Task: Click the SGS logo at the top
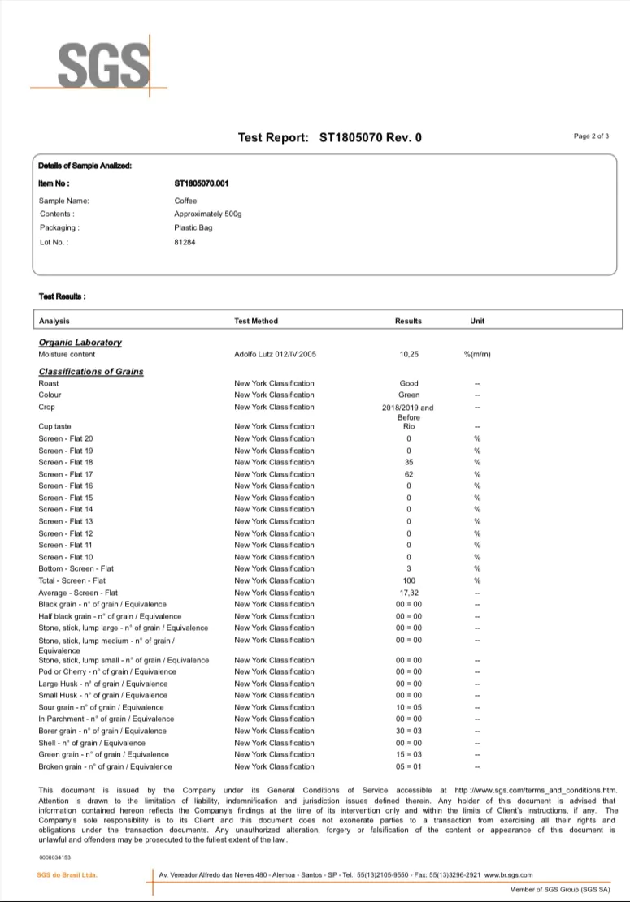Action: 99,63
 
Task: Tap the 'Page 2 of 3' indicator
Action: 591,136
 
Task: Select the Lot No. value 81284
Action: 185,242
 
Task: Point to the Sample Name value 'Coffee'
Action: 185,201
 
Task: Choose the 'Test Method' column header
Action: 256,321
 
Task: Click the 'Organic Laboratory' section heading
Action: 80,343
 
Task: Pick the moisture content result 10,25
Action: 408,355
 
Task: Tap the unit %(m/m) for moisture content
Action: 477,355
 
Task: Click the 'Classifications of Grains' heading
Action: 91,372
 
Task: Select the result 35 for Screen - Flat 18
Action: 408,462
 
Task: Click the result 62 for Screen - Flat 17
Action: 408,474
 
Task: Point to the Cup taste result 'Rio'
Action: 408,426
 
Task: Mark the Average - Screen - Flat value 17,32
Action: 408,593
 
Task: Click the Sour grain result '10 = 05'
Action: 408,707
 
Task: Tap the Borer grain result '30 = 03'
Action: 408,731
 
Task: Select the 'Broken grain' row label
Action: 105,766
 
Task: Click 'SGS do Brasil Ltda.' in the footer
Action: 67,875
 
